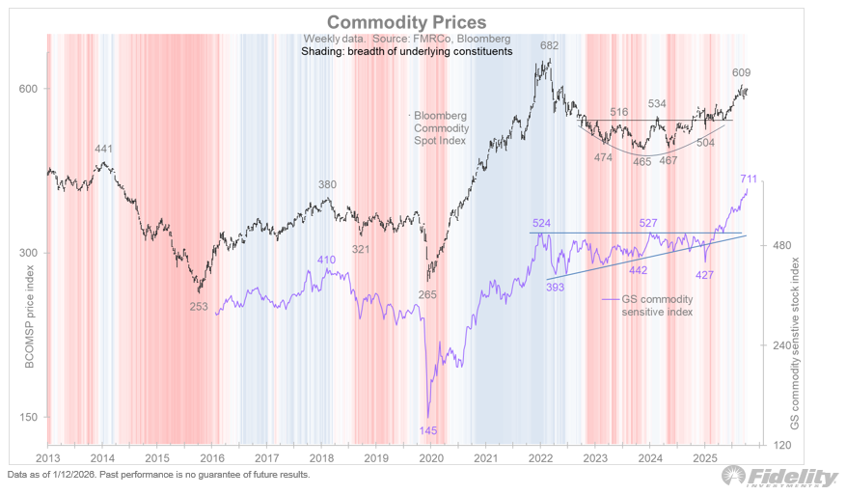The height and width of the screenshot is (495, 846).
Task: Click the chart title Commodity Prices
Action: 405,21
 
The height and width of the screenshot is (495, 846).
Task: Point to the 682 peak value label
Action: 549,46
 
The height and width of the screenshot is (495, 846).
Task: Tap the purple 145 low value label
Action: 427,428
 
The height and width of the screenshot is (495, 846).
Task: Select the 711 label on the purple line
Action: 748,179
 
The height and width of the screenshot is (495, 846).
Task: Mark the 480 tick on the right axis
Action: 781,246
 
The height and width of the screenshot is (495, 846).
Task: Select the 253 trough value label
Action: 197,306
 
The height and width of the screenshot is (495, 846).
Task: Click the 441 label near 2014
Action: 103,149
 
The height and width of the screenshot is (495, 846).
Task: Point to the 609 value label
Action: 740,72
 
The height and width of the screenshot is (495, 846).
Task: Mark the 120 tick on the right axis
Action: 781,445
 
